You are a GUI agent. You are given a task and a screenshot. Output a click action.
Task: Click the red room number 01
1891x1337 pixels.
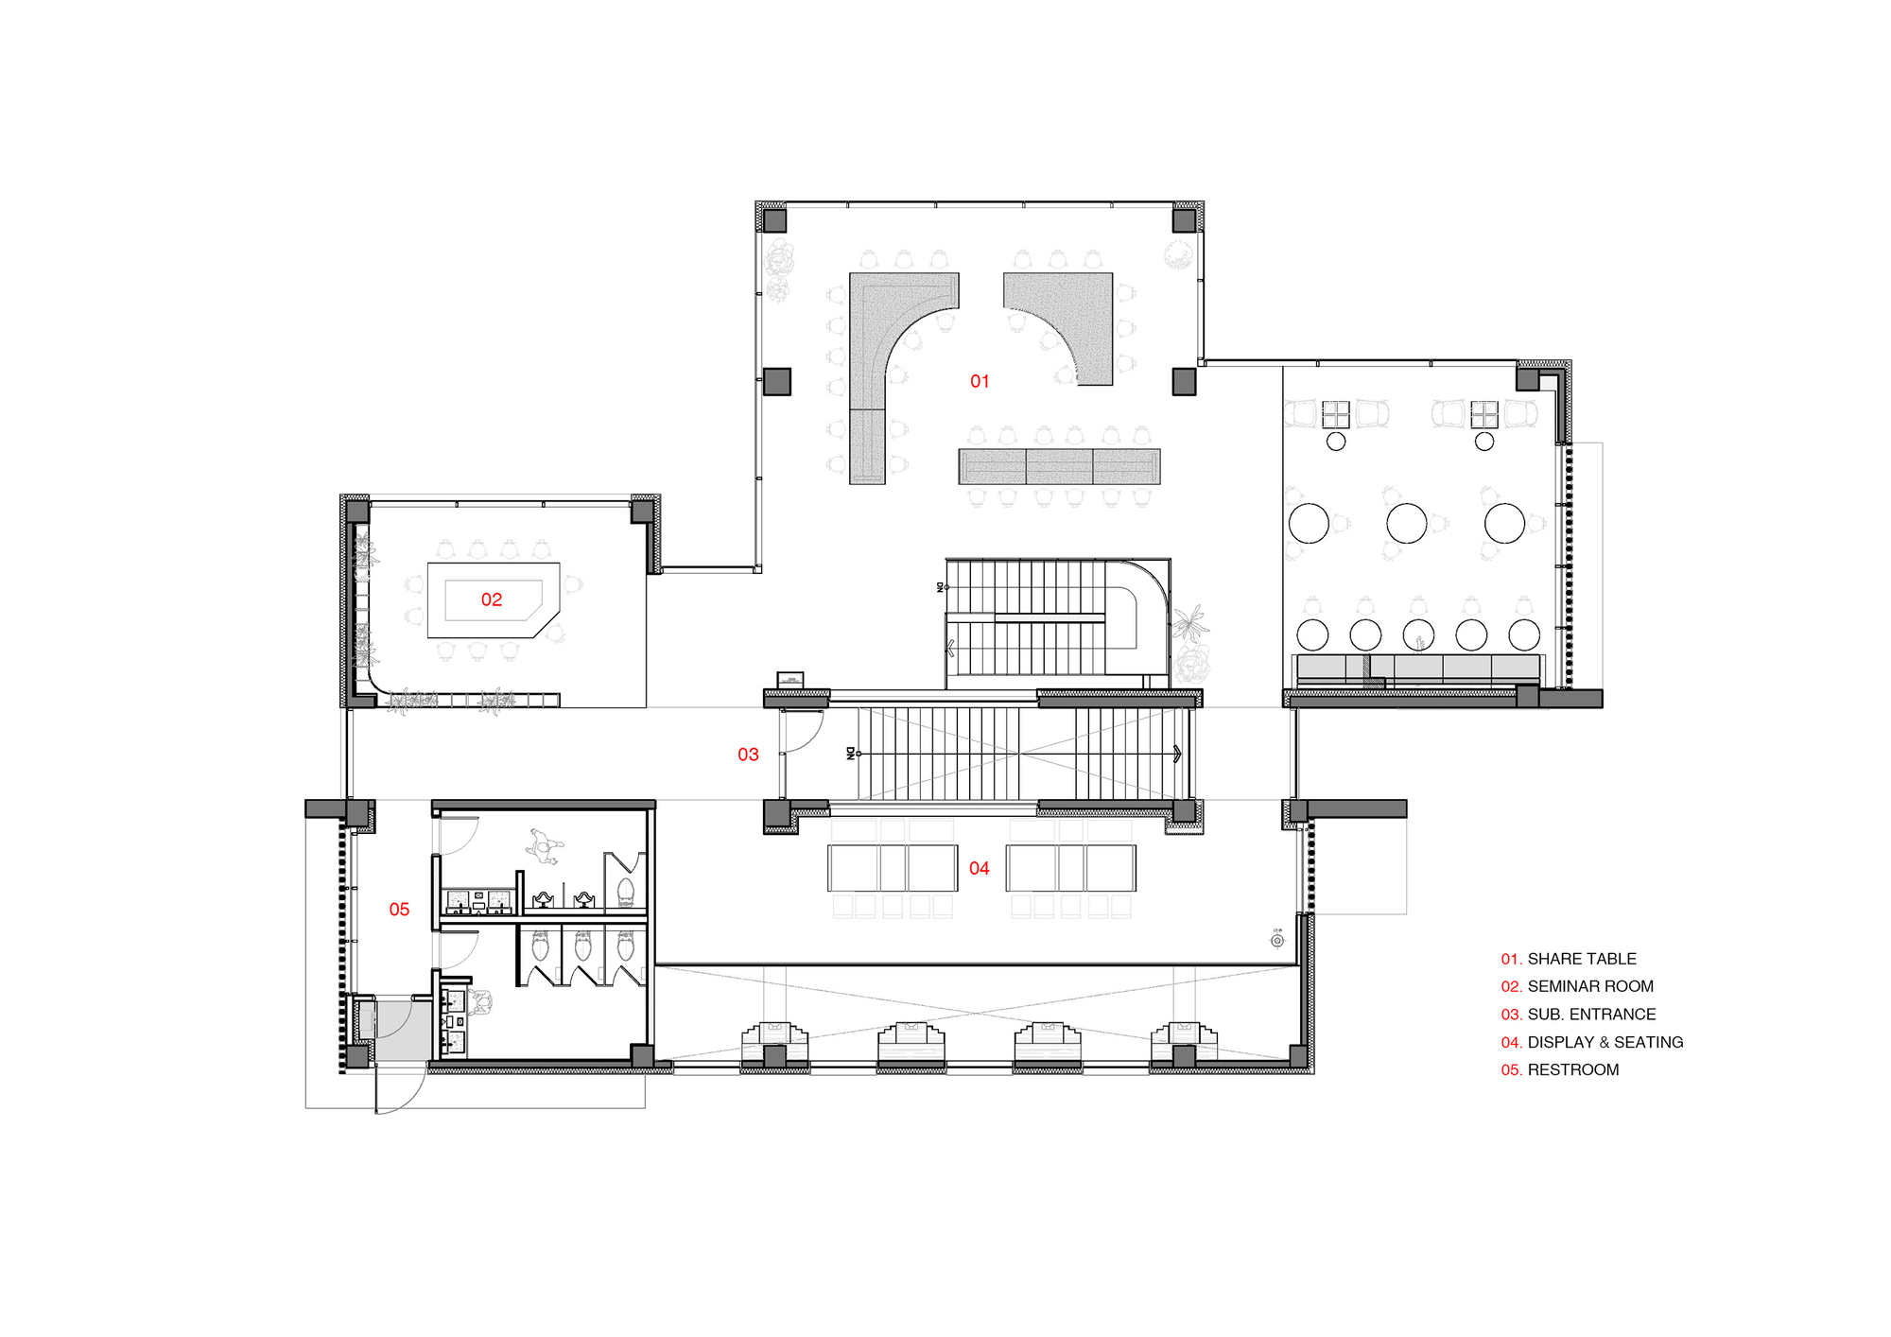coord(980,381)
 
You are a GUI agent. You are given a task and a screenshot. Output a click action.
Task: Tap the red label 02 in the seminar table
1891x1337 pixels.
coord(491,599)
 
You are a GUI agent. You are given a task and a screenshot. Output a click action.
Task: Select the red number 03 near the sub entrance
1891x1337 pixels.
coord(748,755)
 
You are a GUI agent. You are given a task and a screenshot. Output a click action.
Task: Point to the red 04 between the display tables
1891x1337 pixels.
coord(979,868)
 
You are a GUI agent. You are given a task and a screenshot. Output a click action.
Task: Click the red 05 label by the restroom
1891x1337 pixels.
coord(399,910)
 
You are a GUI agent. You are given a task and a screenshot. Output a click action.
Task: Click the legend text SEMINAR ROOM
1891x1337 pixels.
coord(1590,986)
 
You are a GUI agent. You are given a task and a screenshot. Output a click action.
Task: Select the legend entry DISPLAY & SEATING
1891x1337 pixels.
coord(1605,1042)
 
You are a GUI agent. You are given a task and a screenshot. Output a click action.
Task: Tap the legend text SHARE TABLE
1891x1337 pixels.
coord(1582,959)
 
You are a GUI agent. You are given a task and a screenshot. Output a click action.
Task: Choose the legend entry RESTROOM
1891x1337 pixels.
coord(1573,1069)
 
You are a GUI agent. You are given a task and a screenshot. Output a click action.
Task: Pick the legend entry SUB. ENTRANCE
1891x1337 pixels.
coord(1591,1015)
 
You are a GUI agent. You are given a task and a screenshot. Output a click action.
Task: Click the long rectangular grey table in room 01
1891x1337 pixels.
coord(1059,466)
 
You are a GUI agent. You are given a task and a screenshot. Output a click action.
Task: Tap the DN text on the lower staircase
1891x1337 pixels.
coord(850,754)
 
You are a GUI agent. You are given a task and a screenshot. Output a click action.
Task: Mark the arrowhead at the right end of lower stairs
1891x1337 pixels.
coord(1177,754)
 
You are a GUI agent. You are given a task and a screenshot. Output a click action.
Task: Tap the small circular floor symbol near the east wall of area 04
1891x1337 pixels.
coord(1277,941)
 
